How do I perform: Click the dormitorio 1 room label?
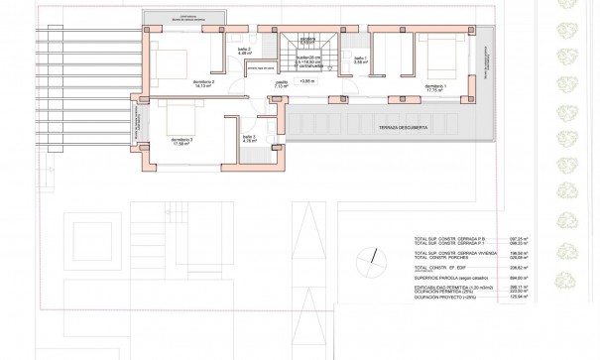point(435,86)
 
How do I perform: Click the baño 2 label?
point(244,50)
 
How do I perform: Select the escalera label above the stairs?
point(307,39)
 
